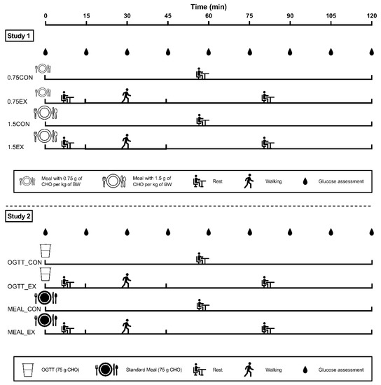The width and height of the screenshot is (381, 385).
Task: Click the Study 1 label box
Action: [20, 33]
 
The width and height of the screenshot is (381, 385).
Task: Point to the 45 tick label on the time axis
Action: [167, 15]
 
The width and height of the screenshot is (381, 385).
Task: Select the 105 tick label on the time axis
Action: [331, 15]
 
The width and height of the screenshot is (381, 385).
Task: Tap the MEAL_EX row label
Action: [21, 330]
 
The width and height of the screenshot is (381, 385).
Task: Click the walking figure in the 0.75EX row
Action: [126, 94]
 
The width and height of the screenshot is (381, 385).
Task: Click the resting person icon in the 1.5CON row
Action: [202, 119]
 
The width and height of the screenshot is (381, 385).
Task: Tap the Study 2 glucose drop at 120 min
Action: [371, 232]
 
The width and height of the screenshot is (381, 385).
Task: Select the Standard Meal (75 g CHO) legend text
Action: [155, 369]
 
